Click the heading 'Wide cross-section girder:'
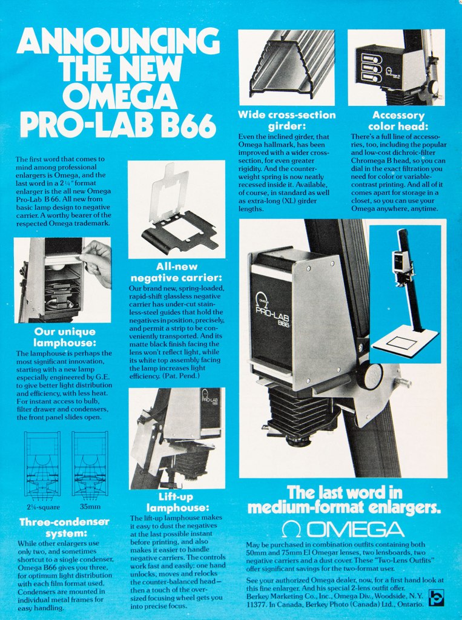point(286,120)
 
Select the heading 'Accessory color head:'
point(399,120)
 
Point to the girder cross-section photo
point(286,65)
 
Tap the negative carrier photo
point(176,209)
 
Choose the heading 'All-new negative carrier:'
point(176,272)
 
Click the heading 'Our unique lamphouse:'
point(65,337)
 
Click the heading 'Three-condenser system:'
point(64,527)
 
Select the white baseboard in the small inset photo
point(404,340)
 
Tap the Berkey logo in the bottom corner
point(436,598)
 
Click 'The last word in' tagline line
point(344,492)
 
